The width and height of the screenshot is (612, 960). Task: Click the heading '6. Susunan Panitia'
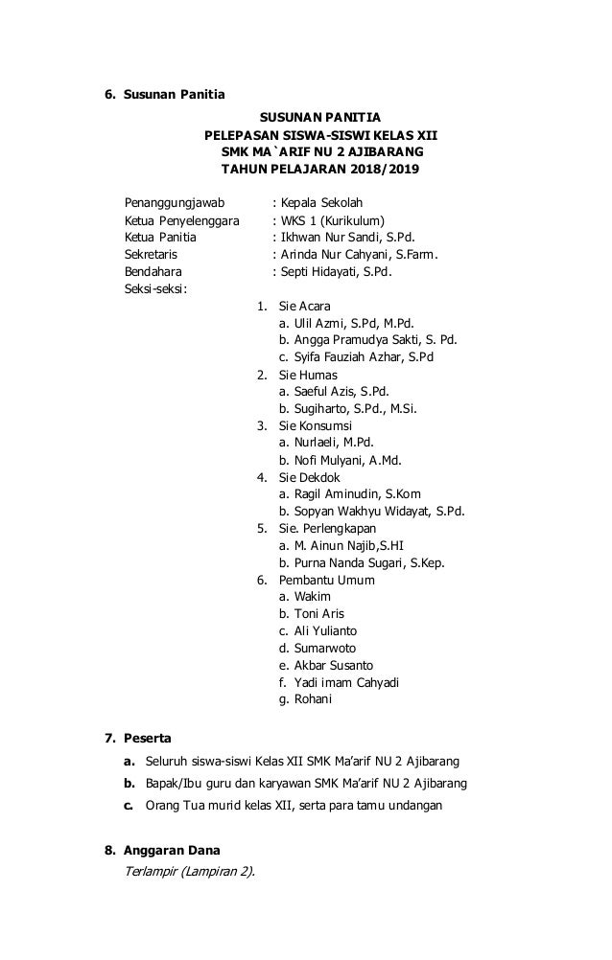(x=164, y=94)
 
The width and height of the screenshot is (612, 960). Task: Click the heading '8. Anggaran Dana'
(x=162, y=850)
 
